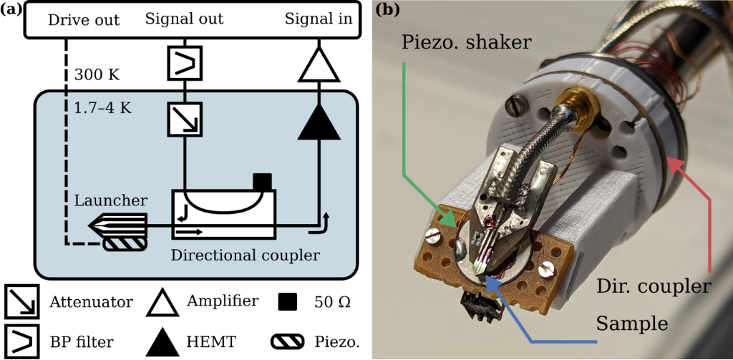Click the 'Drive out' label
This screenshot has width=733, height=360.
point(84,19)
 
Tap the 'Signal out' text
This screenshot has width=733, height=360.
point(185,19)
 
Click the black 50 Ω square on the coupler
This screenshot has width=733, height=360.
point(263,182)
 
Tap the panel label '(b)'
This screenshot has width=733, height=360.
point(387,9)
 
